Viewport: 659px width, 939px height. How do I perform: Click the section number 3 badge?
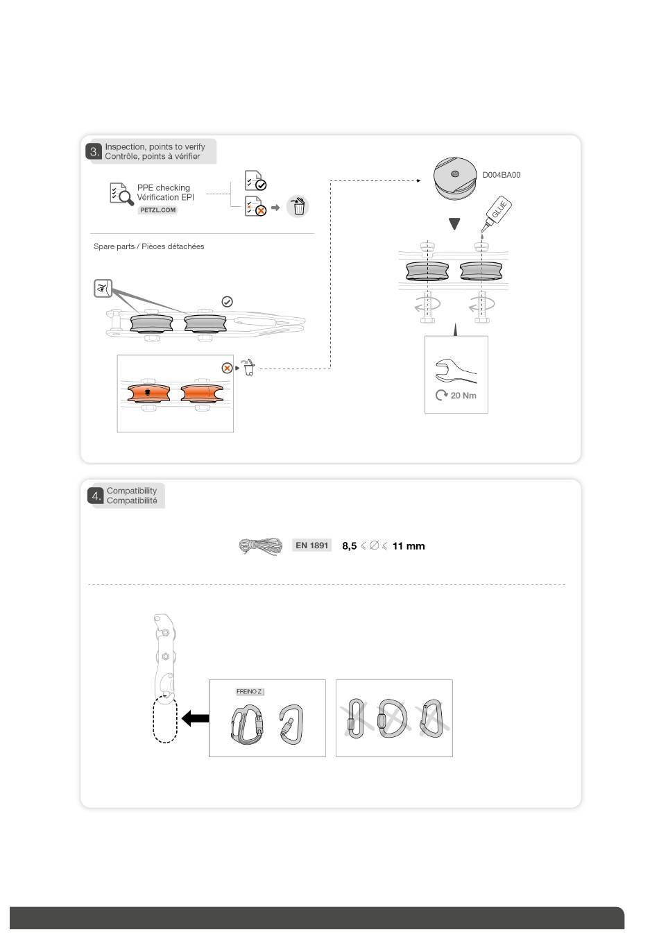coord(94,151)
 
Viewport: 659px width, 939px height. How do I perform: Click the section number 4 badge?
coord(96,496)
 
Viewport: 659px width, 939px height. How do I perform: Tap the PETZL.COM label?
coord(157,210)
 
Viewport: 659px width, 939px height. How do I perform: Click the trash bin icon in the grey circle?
coord(298,206)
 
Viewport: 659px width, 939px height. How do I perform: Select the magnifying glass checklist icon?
coord(121,194)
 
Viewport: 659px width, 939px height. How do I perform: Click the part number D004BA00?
coord(501,175)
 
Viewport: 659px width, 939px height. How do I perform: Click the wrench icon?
coord(454,371)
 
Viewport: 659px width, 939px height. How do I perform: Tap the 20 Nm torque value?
coord(463,396)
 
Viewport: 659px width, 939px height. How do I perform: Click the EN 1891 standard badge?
coord(311,545)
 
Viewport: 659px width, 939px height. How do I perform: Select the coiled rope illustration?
coord(261,547)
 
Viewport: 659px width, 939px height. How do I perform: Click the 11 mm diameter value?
coord(408,546)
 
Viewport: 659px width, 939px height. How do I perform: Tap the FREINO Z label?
coord(249,692)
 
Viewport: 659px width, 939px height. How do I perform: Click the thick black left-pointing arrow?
coord(195,719)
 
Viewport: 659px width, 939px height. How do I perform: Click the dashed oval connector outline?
coord(165,720)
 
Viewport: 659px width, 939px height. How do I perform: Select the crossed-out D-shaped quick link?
coord(391,718)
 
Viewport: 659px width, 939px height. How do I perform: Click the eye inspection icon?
coord(103,288)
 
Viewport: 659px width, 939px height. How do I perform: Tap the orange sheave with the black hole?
coord(148,394)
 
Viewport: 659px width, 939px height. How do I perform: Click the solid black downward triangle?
coord(454,224)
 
